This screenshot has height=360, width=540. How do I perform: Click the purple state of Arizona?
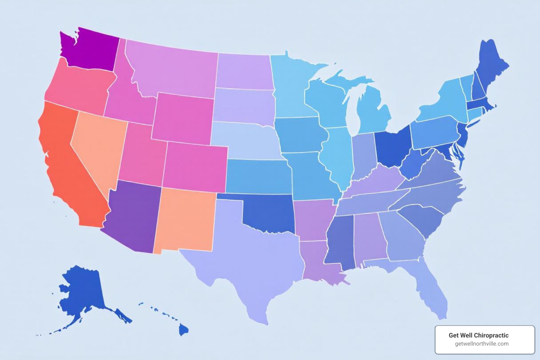point(132,218)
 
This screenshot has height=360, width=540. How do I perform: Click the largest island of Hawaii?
point(183,330)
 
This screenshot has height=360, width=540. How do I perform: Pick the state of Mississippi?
point(339,243)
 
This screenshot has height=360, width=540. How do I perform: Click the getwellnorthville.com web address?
point(482,344)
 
